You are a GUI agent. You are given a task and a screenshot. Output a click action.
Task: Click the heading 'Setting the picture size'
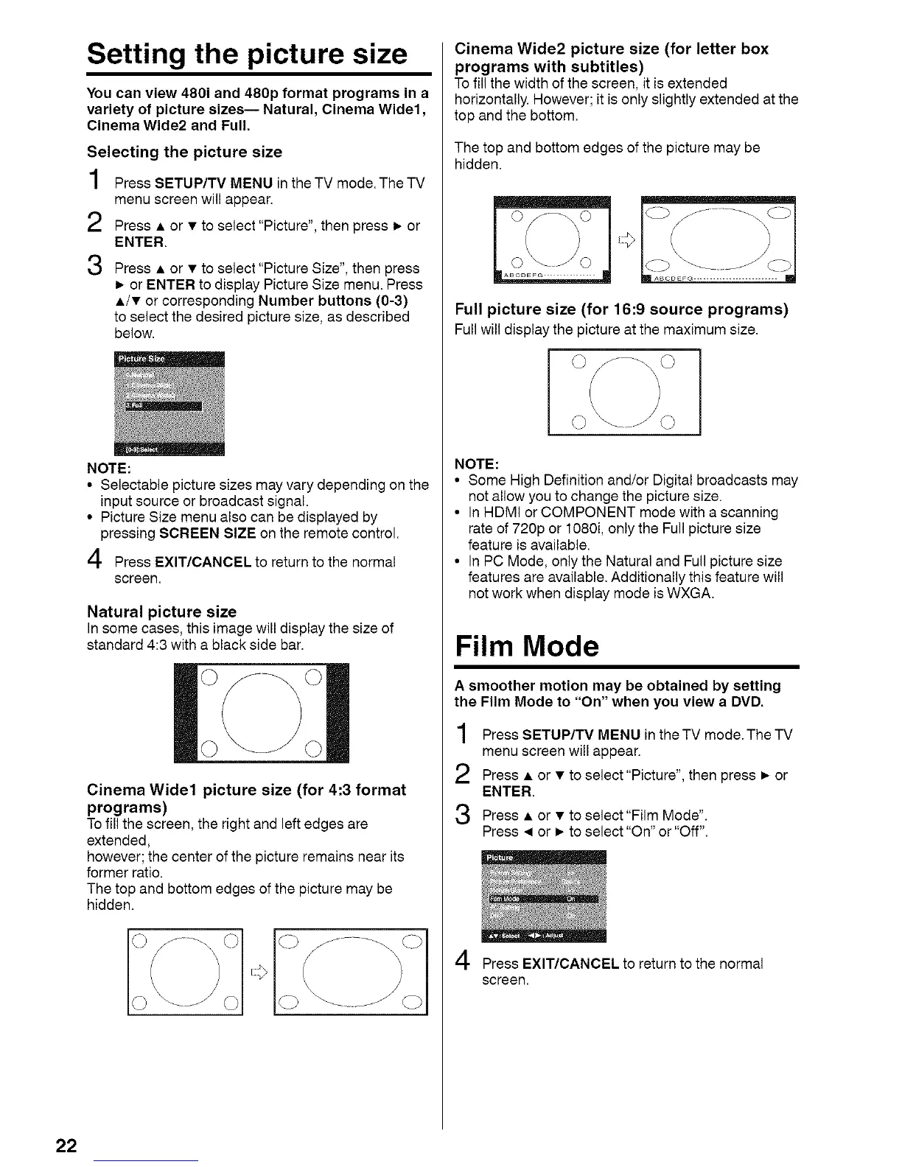(x=247, y=55)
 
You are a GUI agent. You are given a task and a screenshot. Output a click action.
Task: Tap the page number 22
(x=66, y=1146)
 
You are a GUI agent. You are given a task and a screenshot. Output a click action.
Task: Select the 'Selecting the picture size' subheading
(x=184, y=153)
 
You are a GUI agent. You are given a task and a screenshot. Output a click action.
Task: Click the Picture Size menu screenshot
(x=169, y=404)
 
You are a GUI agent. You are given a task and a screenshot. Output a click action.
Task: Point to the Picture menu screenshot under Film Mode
(x=543, y=896)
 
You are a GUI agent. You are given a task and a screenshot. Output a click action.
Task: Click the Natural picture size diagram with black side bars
(x=262, y=712)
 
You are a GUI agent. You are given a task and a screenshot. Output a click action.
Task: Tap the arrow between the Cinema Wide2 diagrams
(x=626, y=239)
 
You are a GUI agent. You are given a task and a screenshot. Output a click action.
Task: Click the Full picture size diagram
(x=624, y=392)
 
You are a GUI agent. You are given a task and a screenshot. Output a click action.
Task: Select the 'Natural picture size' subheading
(x=161, y=611)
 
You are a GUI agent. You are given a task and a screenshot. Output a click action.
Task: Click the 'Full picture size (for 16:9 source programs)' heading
(x=621, y=309)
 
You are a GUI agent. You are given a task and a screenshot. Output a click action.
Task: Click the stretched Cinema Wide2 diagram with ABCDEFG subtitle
(x=719, y=239)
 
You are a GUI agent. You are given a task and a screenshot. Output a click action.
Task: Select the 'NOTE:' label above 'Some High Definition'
(x=477, y=463)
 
